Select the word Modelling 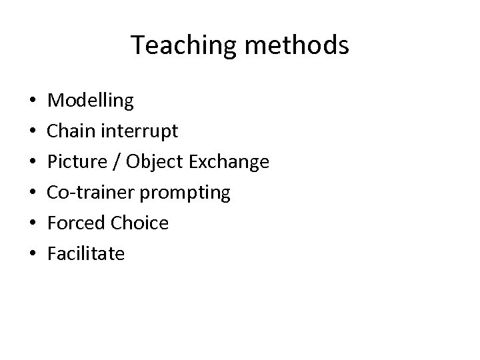(x=91, y=101)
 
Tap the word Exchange (x=226, y=162)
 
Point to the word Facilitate (x=87, y=254)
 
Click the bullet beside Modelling (x=33, y=102)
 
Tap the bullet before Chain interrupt (x=33, y=132)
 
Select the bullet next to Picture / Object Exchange (x=33, y=163)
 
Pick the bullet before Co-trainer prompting (x=33, y=193)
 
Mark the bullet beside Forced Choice (x=33, y=224)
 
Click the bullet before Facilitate (x=33, y=255)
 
